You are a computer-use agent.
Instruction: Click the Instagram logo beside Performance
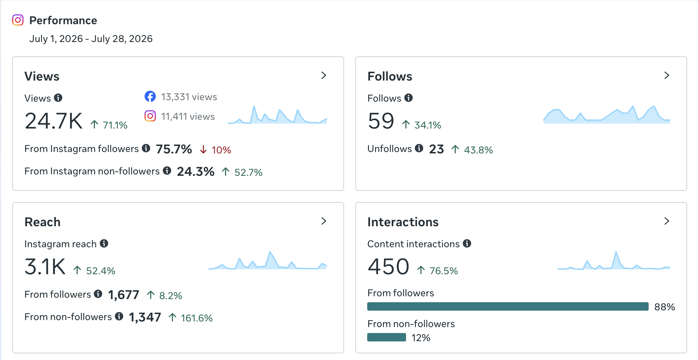(18, 20)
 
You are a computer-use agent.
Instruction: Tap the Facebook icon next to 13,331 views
(150, 96)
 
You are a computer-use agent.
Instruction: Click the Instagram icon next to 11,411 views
(150, 116)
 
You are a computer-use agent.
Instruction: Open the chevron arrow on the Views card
(324, 75)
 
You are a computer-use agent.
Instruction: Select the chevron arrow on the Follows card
(667, 75)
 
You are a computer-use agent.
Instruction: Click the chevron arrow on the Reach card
(324, 221)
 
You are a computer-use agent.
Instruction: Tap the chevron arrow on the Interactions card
(667, 221)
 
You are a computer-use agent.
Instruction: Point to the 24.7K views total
(54, 121)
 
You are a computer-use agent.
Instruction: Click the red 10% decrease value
(221, 150)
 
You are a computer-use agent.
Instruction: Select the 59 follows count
(381, 121)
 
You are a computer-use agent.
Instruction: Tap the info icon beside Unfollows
(419, 148)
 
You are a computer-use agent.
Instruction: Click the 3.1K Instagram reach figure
(45, 267)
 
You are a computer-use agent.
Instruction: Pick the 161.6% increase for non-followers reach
(197, 318)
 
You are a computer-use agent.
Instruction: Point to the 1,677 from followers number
(124, 295)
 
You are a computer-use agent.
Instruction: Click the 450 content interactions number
(389, 267)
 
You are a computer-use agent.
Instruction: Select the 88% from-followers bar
(508, 306)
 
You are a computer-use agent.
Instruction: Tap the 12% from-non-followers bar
(386, 337)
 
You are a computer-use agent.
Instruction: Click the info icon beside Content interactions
(467, 243)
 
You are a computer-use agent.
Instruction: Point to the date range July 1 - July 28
(91, 39)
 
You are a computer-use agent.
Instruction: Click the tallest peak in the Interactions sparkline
(616, 252)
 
